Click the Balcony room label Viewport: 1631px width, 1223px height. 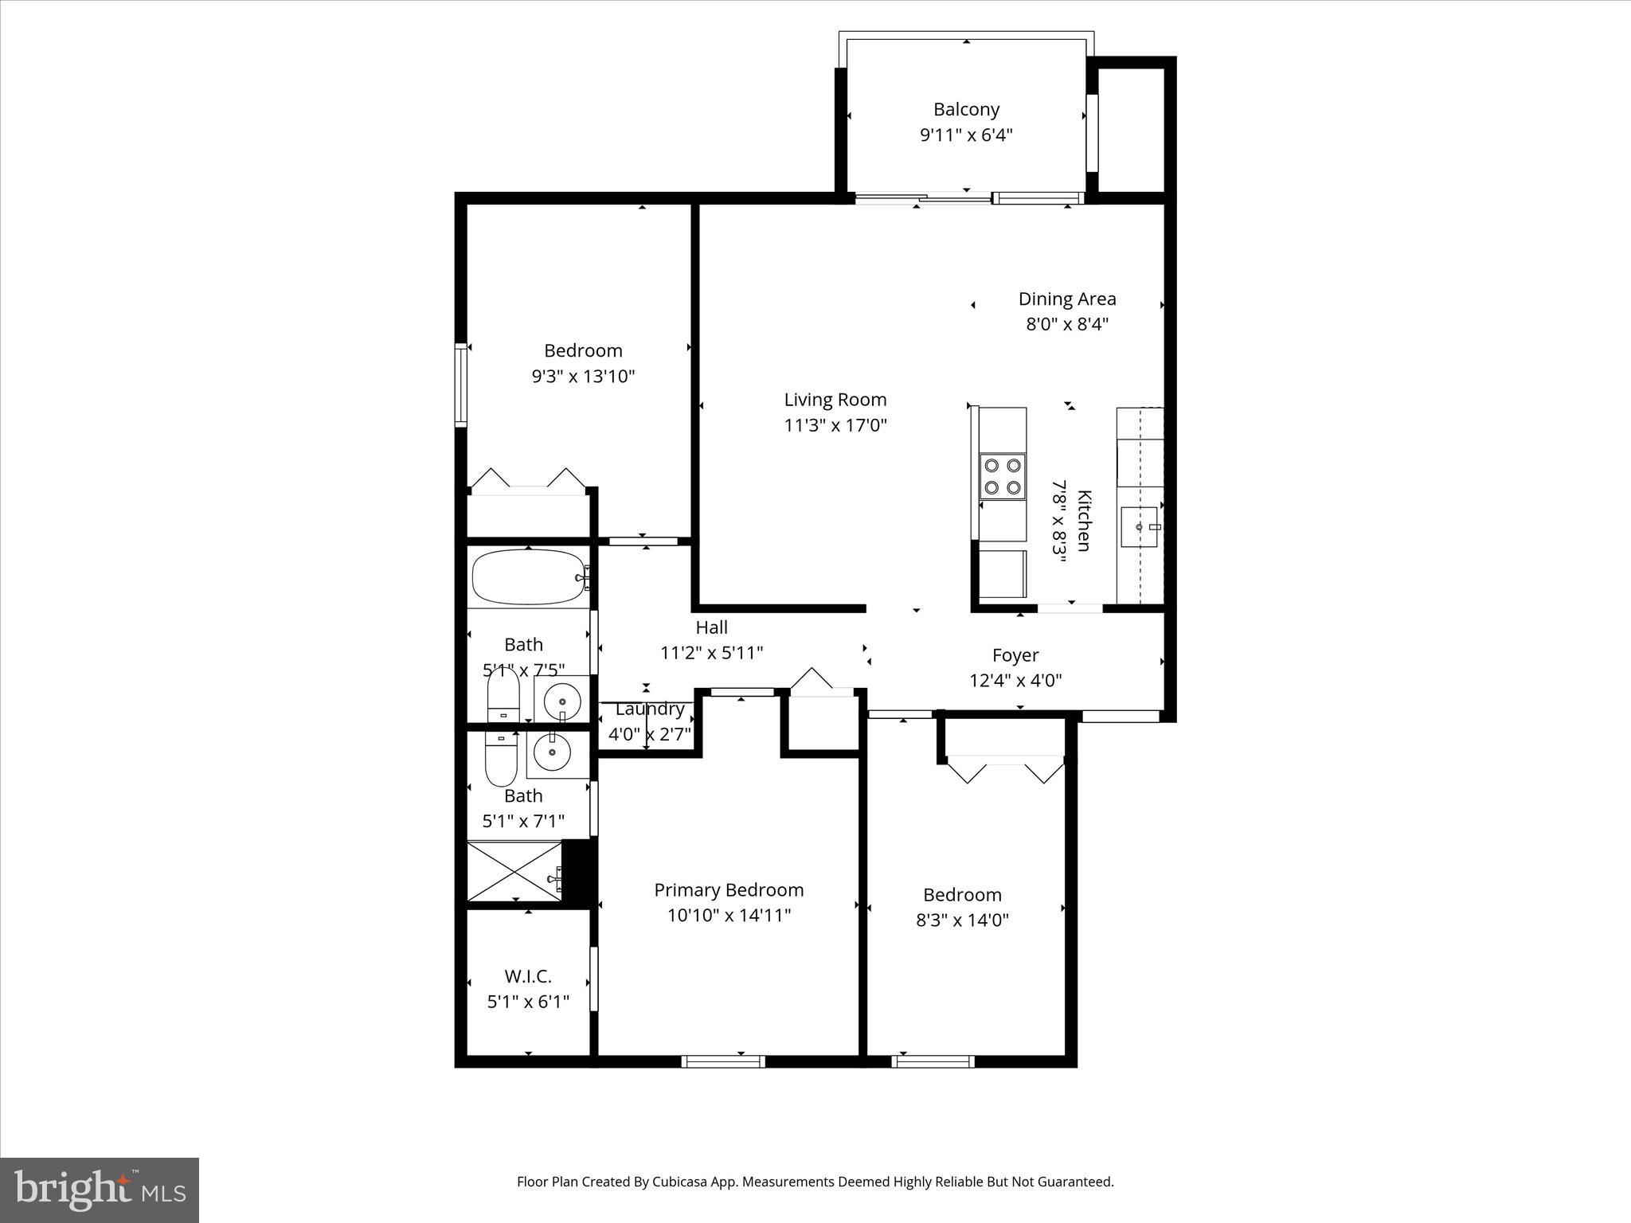coord(966,109)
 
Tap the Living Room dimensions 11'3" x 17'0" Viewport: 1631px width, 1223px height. coord(835,425)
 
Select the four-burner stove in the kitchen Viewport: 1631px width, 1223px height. coord(1003,476)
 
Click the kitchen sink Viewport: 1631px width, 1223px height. coord(1140,527)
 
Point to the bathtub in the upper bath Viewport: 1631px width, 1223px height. coord(527,577)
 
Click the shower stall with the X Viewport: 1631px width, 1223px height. coord(514,871)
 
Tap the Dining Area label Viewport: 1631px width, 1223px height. coord(1067,299)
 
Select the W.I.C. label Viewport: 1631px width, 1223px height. coord(528,976)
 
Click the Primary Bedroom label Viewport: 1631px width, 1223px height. coord(729,889)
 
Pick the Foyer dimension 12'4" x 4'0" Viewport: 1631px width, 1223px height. coord(1015,681)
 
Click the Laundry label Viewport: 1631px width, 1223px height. coord(650,709)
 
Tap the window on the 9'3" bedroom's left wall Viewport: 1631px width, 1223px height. coord(460,385)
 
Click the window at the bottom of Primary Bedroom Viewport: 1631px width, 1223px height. coord(723,1061)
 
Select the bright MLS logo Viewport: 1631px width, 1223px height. coord(100,1190)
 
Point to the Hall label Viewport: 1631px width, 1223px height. coord(711,627)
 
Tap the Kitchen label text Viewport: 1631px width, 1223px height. coord(1084,520)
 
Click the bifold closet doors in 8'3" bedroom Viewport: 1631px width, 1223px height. coord(1005,768)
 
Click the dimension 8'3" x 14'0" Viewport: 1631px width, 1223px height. coord(962,920)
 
